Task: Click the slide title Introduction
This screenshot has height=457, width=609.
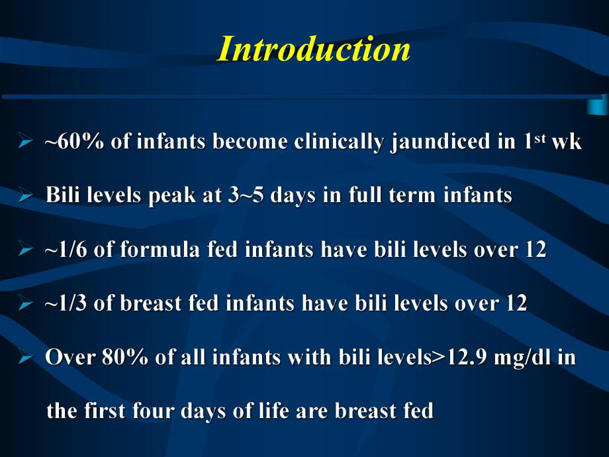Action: (314, 50)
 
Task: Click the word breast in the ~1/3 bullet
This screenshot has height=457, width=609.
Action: (144, 304)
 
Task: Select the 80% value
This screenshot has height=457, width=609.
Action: (117, 358)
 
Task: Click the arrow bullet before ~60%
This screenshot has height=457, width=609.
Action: (26, 142)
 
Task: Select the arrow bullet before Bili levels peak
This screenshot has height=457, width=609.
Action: (26, 196)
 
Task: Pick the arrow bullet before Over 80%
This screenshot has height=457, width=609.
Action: (26, 358)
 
